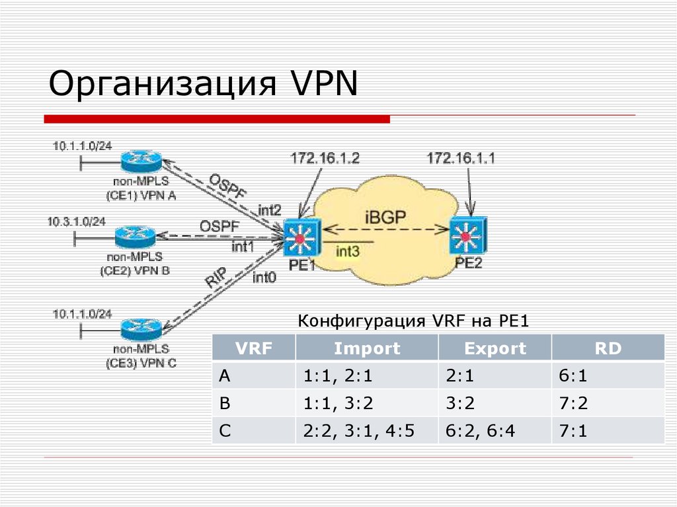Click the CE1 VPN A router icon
pyautogui.click(x=141, y=159)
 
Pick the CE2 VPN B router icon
pyautogui.click(x=135, y=235)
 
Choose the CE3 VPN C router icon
pyautogui.click(x=141, y=327)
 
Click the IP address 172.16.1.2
pyautogui.click(x=325, y=158)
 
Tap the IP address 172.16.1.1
pyautogui.click(x=461, y=158)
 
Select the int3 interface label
pyautogui.click(x=348, y=251)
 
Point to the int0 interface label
pyautogui.click(x=264, y=277)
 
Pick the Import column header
pyautogui.click(x=367, y=348)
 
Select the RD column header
pyautogui.click(x=608, y=348)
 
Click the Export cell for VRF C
pyautogui.click(x=481, y=432)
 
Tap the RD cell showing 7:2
pyautogui.click(x=573, y=404)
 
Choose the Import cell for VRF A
pyautogui.click(x=339, y=376)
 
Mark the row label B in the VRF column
pyautogui.click(x=224, y=404)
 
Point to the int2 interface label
pyautogui.click(x=270, y=210)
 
